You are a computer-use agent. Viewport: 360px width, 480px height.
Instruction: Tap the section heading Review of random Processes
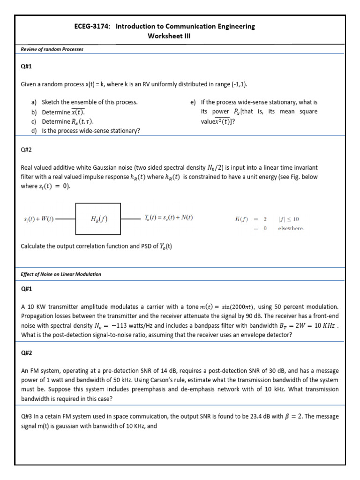point(52,49)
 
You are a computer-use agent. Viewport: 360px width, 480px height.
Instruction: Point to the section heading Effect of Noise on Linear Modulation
point(61,274)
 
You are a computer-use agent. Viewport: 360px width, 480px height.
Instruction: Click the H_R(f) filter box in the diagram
point(98,218)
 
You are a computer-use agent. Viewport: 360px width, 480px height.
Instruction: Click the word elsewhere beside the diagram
point(291,228)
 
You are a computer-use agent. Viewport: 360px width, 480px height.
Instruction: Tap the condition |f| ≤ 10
point(289,219)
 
